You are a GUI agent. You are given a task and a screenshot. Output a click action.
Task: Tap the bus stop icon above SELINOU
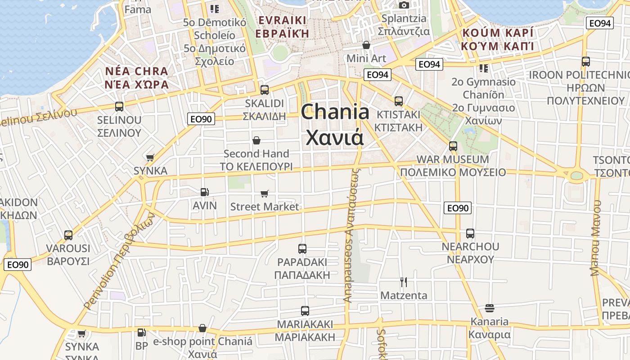[119, 107]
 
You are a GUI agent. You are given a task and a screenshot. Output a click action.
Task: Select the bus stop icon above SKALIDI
[265, 90]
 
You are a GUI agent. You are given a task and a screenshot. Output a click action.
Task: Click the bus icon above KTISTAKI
[399, 101]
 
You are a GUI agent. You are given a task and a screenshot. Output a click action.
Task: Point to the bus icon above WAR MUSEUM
[453, 146]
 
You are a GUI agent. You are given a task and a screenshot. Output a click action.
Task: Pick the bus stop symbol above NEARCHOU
[470, 233]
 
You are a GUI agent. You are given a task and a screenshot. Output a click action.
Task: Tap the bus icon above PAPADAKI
[302, 248]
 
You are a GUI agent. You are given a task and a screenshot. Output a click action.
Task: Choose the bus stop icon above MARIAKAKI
[305, 310]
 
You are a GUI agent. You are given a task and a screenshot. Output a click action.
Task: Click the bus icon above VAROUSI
[68, 235]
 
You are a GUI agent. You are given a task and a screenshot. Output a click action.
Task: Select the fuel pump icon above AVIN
[204, 192]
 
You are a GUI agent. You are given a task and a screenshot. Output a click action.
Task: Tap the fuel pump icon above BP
[141, 333]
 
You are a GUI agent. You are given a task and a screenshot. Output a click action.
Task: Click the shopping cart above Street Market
[265, 193]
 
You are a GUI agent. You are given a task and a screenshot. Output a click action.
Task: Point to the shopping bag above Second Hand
[256, 140]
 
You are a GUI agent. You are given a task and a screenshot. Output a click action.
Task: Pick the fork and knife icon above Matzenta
[404, 282]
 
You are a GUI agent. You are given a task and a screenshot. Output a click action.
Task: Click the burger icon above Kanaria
[490, 308]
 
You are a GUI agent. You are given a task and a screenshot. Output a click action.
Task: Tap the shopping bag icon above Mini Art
[366, 45]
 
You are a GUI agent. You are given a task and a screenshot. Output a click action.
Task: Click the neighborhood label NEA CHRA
[136, 72]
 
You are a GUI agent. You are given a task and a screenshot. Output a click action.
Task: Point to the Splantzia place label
[404, 18]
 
